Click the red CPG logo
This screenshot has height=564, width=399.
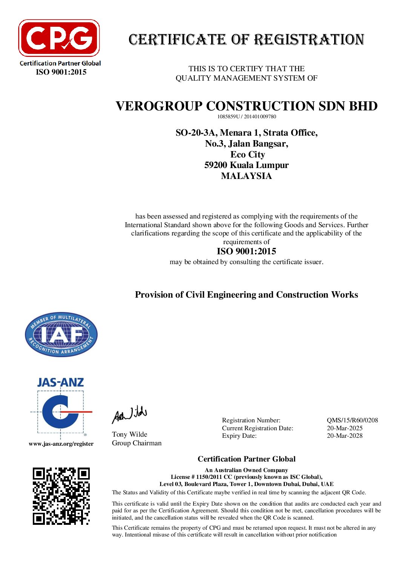point(59,38)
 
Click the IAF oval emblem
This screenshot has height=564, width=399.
point(61,335)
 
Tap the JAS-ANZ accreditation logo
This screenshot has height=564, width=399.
point(61,407)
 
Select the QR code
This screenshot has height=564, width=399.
point(61,496)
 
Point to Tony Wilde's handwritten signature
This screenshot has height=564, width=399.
point(129,414)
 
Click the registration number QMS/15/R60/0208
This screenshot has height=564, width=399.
point(352,420)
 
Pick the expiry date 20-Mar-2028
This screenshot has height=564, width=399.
point(344,436)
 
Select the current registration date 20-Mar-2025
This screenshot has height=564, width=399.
point(344,428)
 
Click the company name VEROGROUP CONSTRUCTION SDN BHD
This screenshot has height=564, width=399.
point(246,106)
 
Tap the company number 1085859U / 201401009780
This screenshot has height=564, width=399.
point(246,116)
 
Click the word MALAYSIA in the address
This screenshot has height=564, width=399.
point(246,176)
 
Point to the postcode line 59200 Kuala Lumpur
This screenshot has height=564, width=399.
point(246,165)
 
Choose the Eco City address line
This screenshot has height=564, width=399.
point(247,154)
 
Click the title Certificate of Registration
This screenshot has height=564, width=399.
point(246,40)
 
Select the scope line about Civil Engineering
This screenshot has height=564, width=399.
point(246,295)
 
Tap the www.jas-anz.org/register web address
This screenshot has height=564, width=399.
point(61,444)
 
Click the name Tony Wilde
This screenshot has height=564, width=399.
point(129,434)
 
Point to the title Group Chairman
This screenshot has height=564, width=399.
point(137,443)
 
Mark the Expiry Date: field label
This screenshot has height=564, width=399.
point(239,436)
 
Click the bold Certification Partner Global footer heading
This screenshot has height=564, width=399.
point(246,459)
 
